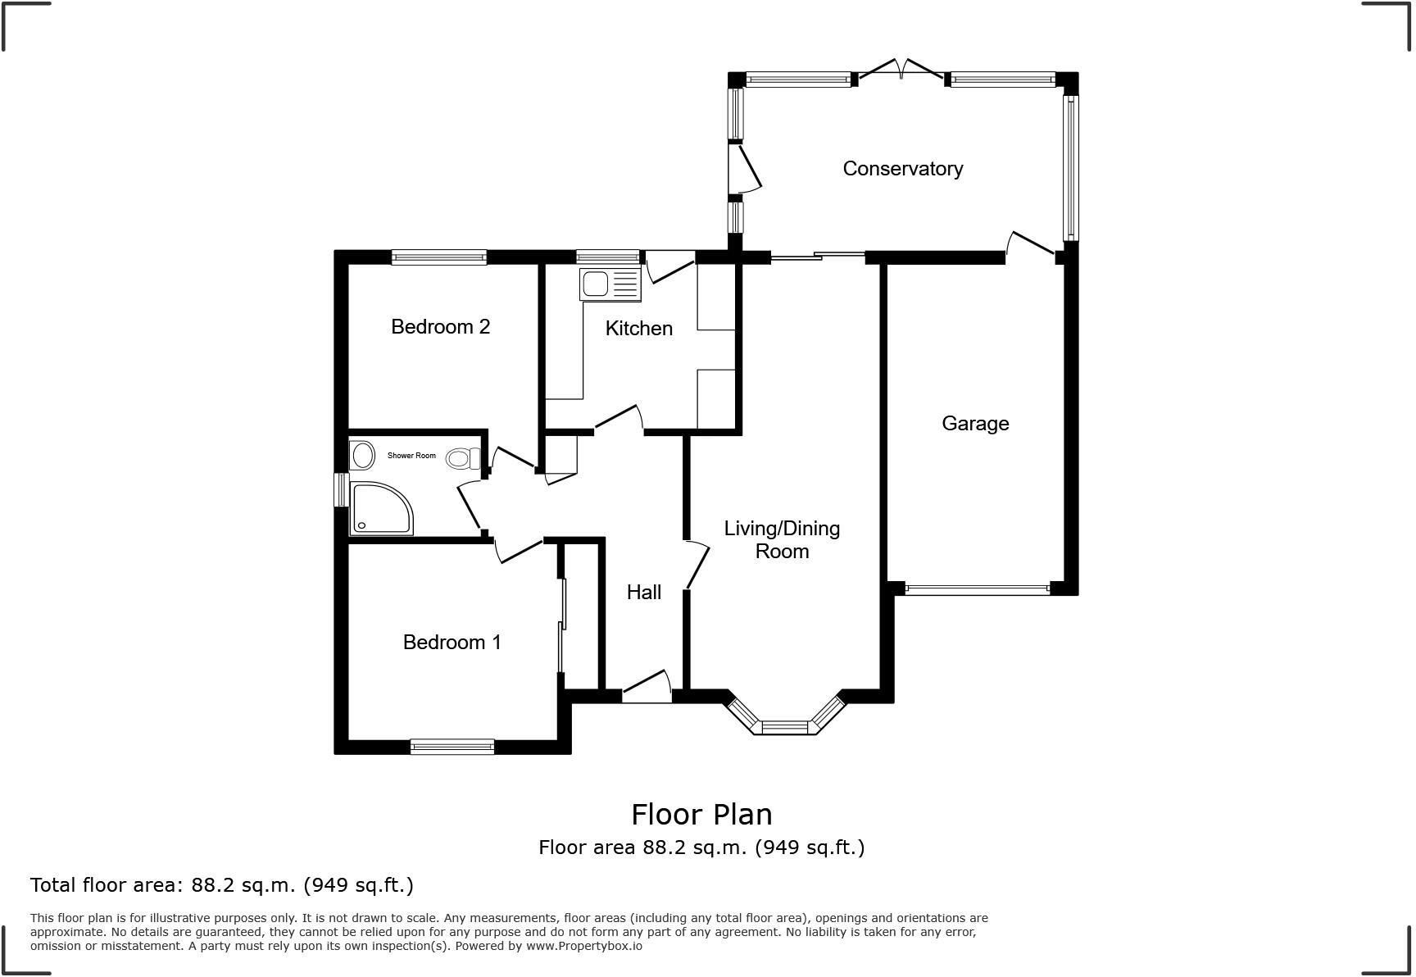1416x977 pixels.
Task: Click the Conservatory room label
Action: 902,169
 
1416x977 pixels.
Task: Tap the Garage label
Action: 974,424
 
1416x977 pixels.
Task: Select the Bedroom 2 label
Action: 440,327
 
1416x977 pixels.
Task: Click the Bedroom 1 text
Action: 452,643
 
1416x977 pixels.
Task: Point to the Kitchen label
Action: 638,329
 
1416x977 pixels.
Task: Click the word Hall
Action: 643,593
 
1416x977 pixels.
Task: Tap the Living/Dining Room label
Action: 782,540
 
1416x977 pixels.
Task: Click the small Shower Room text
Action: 411,456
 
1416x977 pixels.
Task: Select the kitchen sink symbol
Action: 609,284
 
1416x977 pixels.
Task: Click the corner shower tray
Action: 380,508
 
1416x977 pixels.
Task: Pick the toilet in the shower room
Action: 462,458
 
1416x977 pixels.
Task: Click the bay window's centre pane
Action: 784,727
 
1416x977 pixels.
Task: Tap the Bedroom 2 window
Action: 438,257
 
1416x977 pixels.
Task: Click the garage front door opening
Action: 977,588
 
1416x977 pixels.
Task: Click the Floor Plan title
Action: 701,815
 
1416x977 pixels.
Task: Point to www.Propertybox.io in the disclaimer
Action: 583,946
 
